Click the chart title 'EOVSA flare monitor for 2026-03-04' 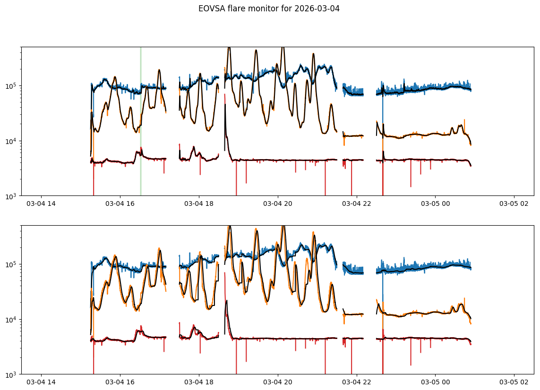pos(269,8)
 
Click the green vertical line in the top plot pos(140,118)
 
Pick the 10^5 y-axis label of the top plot pos(12,86)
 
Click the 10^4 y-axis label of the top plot pos(12,141)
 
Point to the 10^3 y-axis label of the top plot pos(12,196)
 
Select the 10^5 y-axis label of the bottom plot pos(12,264)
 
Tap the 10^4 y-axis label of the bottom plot pos(12,320)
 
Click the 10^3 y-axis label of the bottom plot pos(12,374)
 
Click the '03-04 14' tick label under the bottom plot pos(41,382)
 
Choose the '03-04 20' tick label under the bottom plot pos(278,382)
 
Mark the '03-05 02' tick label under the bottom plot pos(514,382)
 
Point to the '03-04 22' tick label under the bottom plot pos(356,382)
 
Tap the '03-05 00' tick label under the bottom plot pos(435,382)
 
